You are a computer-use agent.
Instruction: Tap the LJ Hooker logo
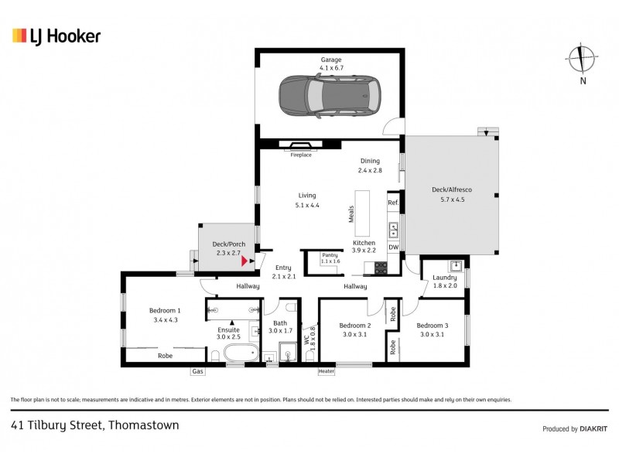pyautogui.click(x=56, y=36)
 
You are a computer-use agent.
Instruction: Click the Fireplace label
pyautogui.click(x=300, y=155)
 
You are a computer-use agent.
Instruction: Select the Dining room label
pyautogui.click(x=370, y=161)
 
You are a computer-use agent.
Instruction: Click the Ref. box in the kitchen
pyautogui.click(x=393, y=203)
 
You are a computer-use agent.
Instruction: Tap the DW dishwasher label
pyautogui.click(x=393, y=247)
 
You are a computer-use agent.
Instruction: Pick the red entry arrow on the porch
pyautogui.click(x=244, y=261)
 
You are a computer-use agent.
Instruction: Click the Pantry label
pyautogui.click(x=330, y=254)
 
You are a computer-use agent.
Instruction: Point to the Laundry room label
pyautogui.click(x=444, y=277)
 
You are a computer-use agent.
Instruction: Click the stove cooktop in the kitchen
pyautogui.click(x=381, y=268)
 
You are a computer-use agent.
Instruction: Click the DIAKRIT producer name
pyautogui.click(x=590, y=428)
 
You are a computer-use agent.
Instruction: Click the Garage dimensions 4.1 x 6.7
pyautogui.click(x=331, y=67)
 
